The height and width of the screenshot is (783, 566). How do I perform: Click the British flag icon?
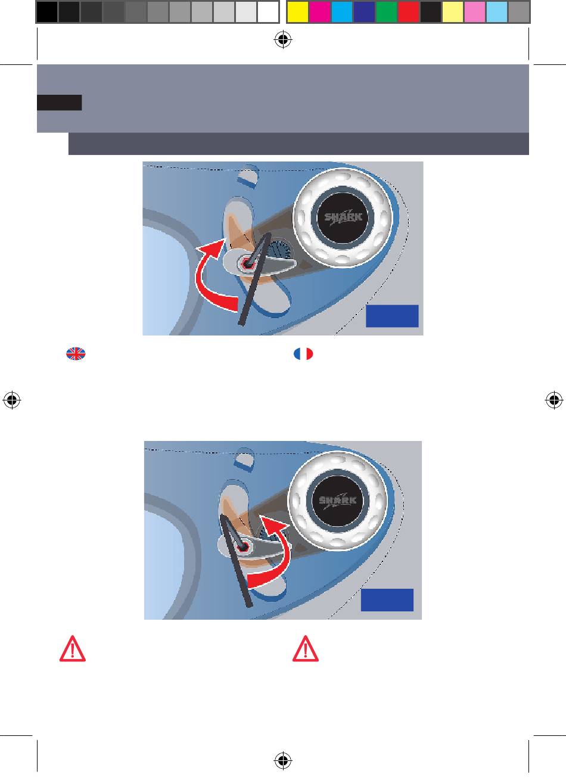click(x=76, y=354)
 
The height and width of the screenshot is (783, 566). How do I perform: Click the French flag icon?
click(x=303, y=354)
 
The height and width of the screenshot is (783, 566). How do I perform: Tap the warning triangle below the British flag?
click(x=73, y=650)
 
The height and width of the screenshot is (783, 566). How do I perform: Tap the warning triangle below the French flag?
click(x=306, y=650)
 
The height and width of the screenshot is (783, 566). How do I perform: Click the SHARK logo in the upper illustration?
click(x=343, y=218)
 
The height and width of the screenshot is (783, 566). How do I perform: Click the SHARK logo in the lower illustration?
click(x=338, y=501)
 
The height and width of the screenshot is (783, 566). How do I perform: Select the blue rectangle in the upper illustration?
click(x=392, y=316)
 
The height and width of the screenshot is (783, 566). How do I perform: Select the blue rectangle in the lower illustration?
click(x=387, y=600)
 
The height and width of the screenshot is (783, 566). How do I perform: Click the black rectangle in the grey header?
click(x=60, y=102)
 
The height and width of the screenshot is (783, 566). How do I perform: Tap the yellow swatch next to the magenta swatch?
click(x=298, y=12)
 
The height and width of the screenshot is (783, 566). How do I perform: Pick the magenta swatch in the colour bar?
click(x=319, y=12)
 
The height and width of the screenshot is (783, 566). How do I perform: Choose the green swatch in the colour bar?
click(x=386, y=12)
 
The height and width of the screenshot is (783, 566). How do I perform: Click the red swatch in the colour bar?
click(x=408, y=12)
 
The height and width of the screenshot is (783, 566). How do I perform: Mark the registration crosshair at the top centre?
click(x=283, y=39)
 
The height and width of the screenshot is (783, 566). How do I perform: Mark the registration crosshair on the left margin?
click(x=12, y=400)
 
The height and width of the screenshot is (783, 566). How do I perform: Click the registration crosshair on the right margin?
click(x=554, y=400)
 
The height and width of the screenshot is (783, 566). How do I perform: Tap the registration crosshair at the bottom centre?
click(x=283, y=760)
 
